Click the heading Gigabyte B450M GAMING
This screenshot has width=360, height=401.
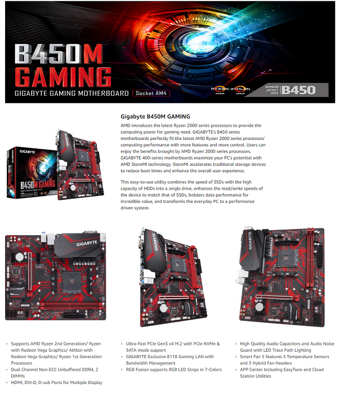pyautogui.click(x=155, y=116)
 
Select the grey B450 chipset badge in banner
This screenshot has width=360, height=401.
pyautogui.click(x=298, y=90)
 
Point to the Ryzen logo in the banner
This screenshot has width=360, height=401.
pyautogui.click(x=219, y=90)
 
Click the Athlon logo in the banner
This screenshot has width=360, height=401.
pyautogui.click(x=240, y=90)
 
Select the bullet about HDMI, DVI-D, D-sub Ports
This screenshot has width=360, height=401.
pyautogui.click(x=57, y=382)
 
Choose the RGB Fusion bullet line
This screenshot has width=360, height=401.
pyautogui.click(x=174, y=370)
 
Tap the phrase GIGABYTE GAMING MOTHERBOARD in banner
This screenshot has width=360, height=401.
pyautogui.click(x=71, y=93)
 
